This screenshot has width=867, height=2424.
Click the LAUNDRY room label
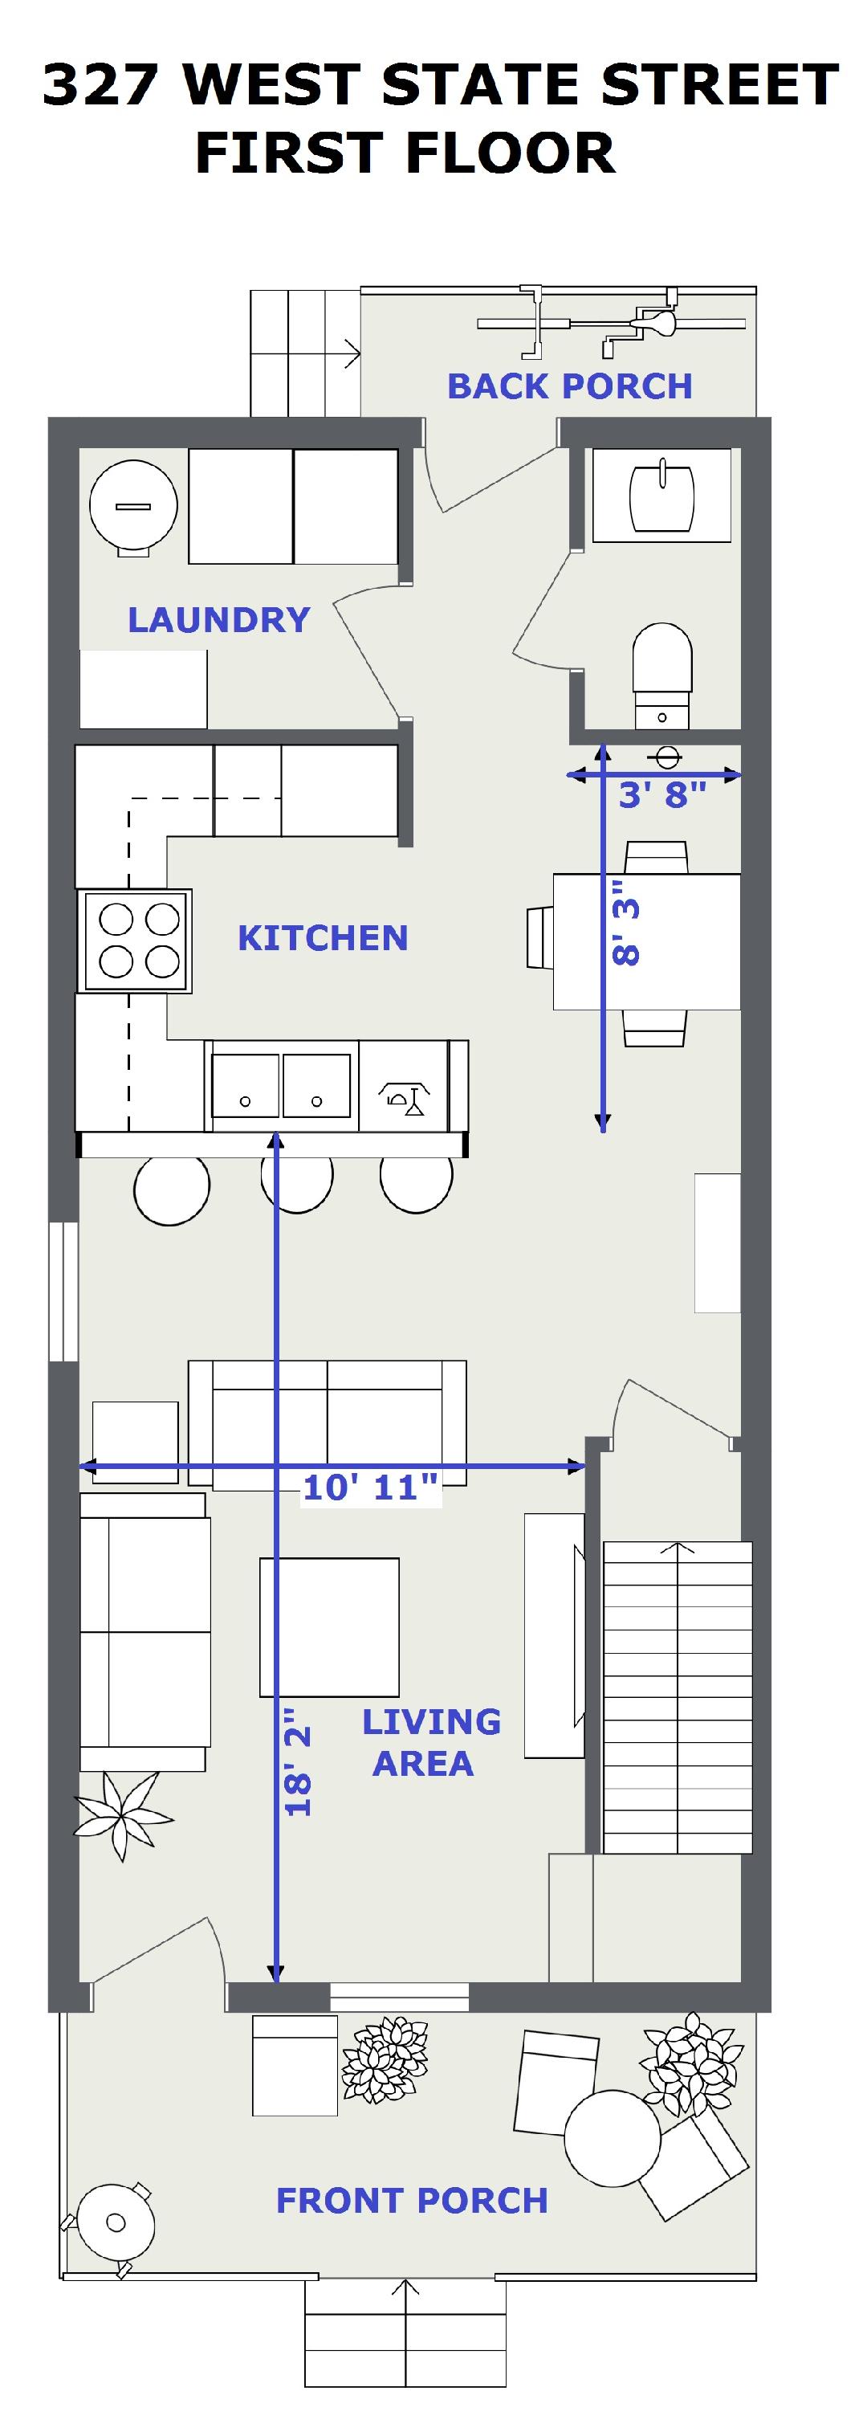click(x=219, y=620)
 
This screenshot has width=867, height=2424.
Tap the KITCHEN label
click(x=323, y=938)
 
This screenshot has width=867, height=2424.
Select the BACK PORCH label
click(x=570, y=386)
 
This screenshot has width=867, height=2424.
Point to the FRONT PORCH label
click(x=412, y=2200)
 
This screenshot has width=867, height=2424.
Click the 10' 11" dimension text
click(x=371, y=1487)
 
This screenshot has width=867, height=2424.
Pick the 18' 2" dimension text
click(x=297, y=1761)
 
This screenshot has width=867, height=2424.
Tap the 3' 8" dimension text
click(x=662, y=794)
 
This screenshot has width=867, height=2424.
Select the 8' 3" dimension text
click(x=625, y=923)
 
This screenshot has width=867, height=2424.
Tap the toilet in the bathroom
click(x=663, y=674)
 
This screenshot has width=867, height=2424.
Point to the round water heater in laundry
click(x=133, y=505)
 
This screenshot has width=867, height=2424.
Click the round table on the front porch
click(x=613, y=2137)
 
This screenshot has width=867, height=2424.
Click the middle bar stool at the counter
click(x=297, y=1184)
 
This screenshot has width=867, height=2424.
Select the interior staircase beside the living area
click(x=677, y=1696)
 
